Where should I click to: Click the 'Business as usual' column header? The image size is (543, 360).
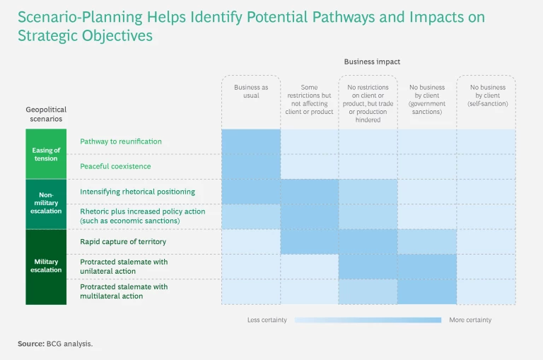point(251,91)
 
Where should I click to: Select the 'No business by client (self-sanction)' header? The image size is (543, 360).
point(488,95)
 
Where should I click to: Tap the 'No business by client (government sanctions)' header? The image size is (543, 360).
point(427,100)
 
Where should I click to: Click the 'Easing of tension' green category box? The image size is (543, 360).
point(45,154)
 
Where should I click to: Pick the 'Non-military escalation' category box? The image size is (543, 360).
point(45,204)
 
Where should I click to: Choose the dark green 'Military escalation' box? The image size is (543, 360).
point(45,266)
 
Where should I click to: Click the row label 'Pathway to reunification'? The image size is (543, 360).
point(121,141)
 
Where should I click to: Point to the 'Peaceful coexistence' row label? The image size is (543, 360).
point(115,166)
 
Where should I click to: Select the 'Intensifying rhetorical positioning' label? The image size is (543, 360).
point(138,192)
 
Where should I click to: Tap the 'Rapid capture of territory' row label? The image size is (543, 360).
point(123,242)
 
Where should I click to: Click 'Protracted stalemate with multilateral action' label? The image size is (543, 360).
point(124,291)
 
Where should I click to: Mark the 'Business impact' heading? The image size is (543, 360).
point(372,62)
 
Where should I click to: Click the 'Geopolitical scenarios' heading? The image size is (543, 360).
point(46,115)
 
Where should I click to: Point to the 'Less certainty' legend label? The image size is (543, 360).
point(267,320)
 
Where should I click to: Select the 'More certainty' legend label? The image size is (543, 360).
point(470,320)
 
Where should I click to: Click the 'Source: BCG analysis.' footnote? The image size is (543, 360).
point(55,344)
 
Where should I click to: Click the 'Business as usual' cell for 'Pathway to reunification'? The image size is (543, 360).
point(251,141)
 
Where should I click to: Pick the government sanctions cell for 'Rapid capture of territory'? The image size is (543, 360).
point(427,242)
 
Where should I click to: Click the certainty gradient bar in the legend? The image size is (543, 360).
point(368,320)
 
